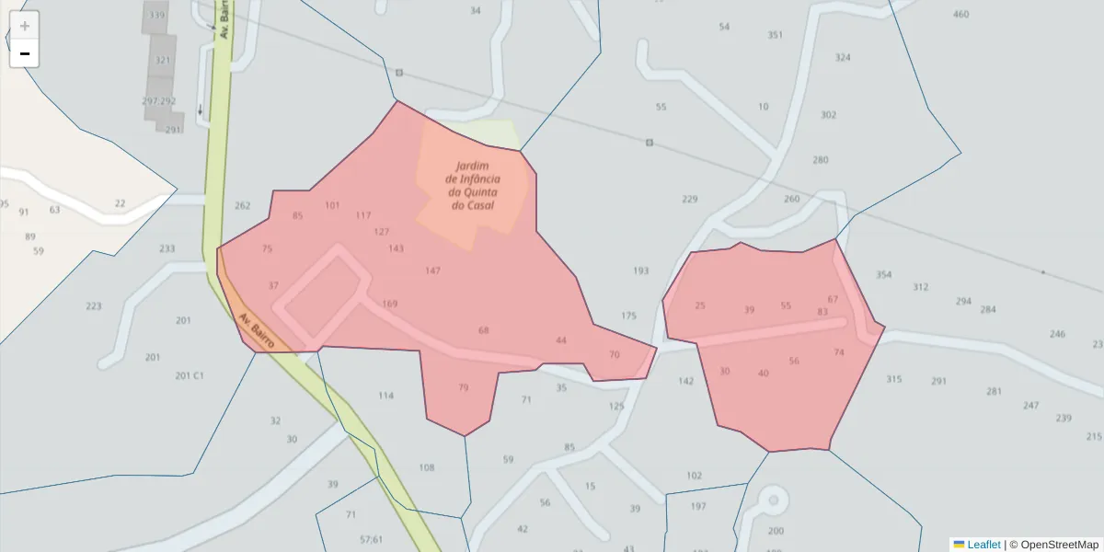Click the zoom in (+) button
pyautogui.click(x=25, y=25)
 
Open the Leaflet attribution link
pyautogui.click(x=983, y=545)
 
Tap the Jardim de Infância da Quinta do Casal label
pyautogui.click(x=473, y=186)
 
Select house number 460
pyautogui.click(x=961, y=15)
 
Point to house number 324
pyautogui.click(x=843, y=58)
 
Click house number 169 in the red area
pyautogui.click(x=390, y=305)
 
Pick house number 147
pyautogui.click(x=433, y=271)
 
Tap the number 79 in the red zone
pyautogui.click(x=464, y=388)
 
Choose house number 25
pyautogui.click(x=700, y=306)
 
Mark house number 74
pyautogui.click(x=838, y=353)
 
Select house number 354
pyautogui.click(x=884, y=275)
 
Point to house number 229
pyautogui.click(x=690, y=200)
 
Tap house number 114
pyautogui.click(x=385, y=397)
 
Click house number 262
pyautogui.click(x=243, y=206)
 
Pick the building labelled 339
pyautogui.click(x=157, y=16)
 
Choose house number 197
pyautogui.click(x=698, y=507)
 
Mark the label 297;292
pyautogui.click(x=159, y=101)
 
